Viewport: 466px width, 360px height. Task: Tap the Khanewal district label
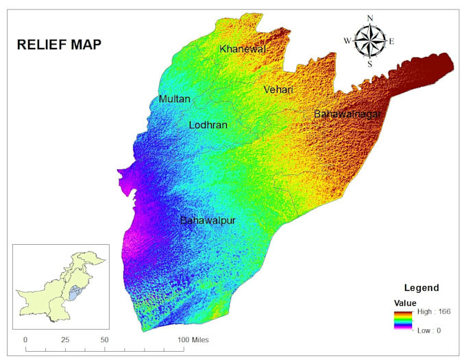tap(242, 49)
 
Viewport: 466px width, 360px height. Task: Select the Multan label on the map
tap(174, 99)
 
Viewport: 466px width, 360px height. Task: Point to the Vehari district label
tap(278, 90)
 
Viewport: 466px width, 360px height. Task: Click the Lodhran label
tap(208, 125)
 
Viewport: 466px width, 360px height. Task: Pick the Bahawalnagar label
tap(347, 114)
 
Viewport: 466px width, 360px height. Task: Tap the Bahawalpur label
tap(208, 221)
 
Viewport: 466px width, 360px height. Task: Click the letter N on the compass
tap(370, 19)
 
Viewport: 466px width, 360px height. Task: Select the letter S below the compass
tap(370, 64)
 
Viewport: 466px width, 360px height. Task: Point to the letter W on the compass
tap(347, 41)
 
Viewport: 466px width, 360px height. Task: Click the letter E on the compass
tap(391, 41)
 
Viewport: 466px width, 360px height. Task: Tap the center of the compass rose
tap(370, 41)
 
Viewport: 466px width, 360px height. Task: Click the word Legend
tap(421, 288)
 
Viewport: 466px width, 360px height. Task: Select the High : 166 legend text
tap(430, 311)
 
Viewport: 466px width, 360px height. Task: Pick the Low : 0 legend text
tap(428, 331)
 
